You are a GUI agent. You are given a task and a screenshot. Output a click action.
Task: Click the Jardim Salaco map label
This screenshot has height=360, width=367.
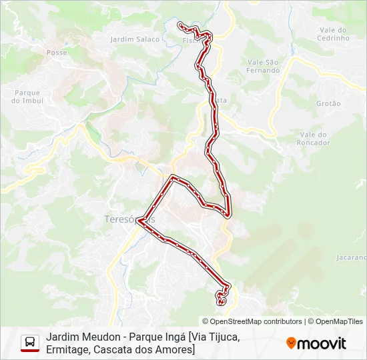[135, 39]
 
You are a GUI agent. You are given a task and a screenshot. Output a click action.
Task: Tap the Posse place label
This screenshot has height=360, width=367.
[57, 52]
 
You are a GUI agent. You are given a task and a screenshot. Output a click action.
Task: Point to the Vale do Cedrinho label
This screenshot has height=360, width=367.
[334, 34]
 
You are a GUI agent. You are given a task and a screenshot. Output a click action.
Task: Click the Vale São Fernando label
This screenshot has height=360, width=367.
[263, 66]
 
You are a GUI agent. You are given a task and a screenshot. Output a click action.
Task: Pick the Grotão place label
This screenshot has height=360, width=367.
[328, 103]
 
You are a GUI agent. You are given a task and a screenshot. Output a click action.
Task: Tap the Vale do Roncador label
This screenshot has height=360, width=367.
[314, 139]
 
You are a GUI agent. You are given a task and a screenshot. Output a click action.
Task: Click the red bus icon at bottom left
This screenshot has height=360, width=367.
[30, 343]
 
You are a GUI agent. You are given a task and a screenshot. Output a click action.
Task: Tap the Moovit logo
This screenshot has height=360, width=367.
[316, 343]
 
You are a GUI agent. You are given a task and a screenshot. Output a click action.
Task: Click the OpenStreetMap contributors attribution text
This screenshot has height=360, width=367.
[252, 321]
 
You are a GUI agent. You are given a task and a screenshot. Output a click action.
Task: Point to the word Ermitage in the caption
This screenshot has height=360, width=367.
[69, 350]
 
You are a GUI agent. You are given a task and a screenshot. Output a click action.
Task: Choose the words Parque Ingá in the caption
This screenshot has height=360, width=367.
[158, 337]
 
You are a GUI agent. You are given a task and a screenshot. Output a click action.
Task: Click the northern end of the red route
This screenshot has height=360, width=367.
[179, 25]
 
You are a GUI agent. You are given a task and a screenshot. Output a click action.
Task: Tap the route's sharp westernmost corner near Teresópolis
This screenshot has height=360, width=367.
[138, 223]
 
